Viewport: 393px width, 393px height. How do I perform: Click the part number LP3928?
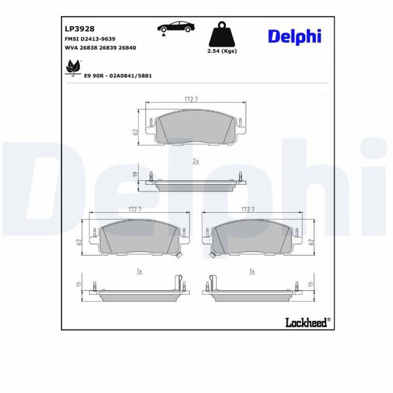(79, 29)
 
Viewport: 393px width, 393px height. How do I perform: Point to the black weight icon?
(221, 35)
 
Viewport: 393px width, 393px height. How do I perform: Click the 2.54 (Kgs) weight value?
(222, 51)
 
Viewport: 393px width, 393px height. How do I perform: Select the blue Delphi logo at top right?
(294, 36)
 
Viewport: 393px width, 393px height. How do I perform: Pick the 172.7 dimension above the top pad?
(191, 99)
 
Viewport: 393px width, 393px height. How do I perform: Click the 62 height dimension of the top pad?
(134, 132)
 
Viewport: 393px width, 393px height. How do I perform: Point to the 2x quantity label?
(195, 160)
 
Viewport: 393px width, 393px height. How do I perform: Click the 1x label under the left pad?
(139, 271)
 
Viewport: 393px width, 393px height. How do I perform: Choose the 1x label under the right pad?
(251, 271)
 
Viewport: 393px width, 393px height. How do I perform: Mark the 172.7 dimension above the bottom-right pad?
(248, 209)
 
